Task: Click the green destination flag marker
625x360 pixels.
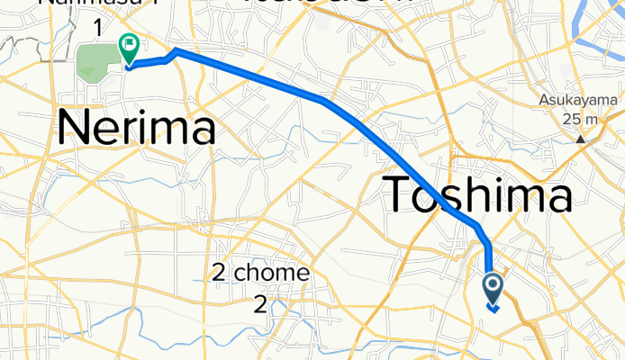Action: (129, 45)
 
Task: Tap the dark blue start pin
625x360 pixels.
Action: (494, 288)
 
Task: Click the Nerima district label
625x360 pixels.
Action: (136, 129)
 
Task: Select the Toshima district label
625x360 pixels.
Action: (478, 195)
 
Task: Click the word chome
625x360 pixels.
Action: (273, 272)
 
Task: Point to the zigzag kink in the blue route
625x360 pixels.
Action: (170, 56)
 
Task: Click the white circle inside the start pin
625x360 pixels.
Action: (494, 285)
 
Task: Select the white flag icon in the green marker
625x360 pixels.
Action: (129, 41)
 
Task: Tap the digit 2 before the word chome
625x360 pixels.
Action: (219, 272)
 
